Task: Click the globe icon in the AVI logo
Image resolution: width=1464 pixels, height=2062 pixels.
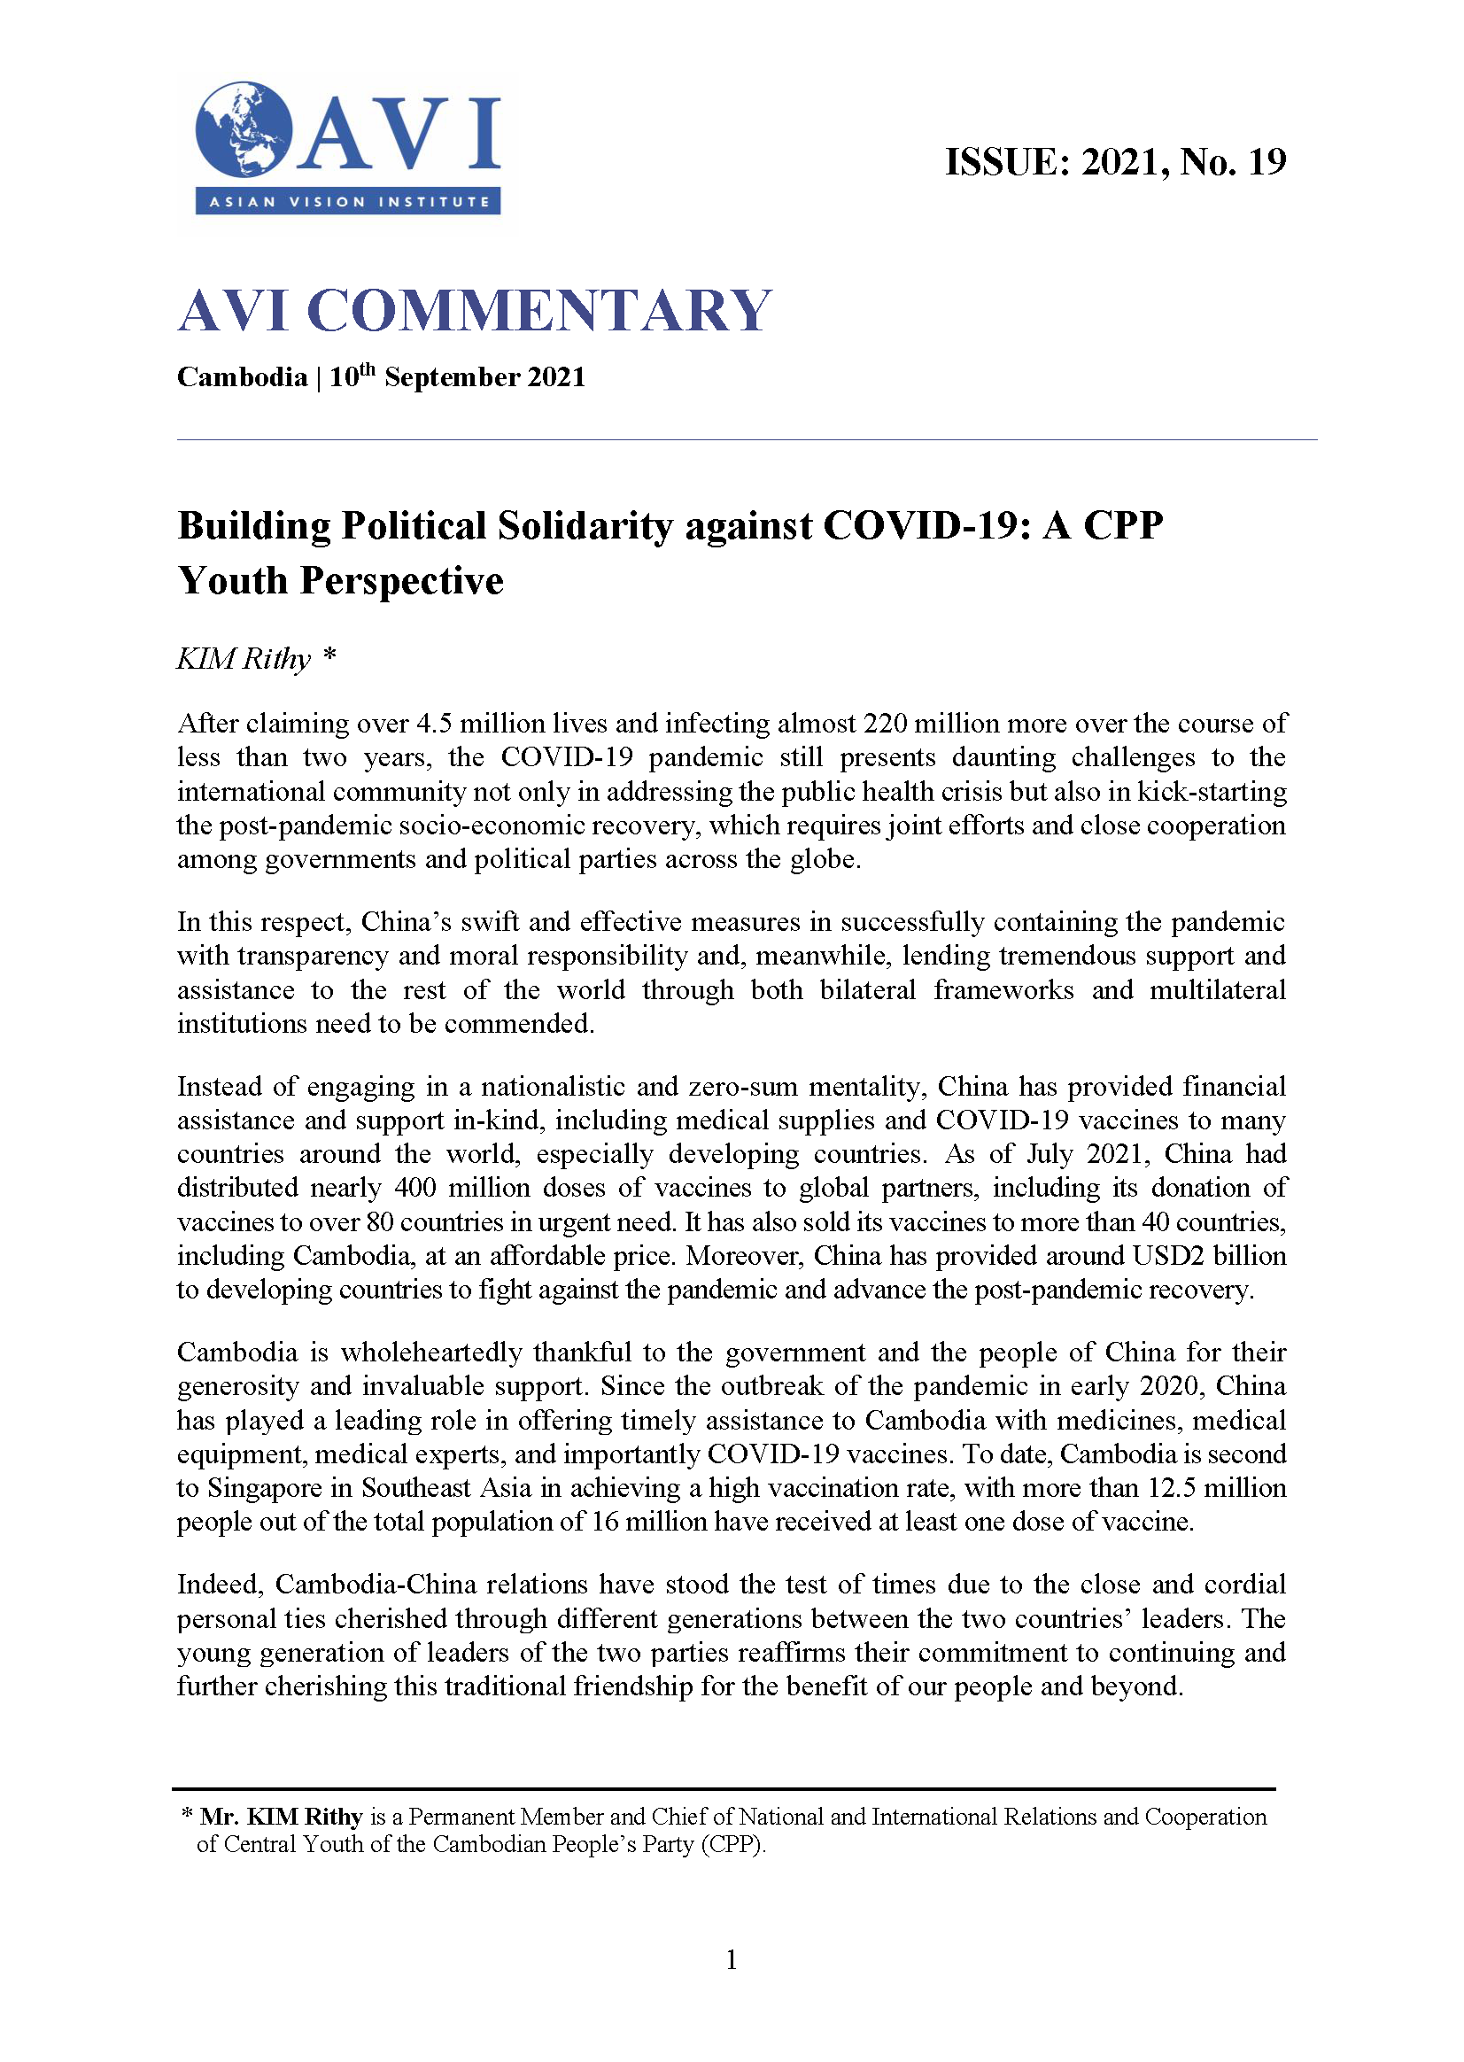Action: click(x=244, y=129)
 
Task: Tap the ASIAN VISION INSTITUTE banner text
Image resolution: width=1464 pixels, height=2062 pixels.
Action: click(x=349, y=202)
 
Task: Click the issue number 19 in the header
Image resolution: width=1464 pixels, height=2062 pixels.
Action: click(x=1266, y=163)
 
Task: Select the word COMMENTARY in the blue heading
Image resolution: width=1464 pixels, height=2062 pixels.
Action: click(x=538, y=311)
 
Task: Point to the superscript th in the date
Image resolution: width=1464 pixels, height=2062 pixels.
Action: click(x=368, y=368)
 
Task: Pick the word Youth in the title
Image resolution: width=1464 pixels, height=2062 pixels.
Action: click(x=232, y=581)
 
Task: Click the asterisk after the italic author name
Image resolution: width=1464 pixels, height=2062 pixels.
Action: click(x=330, y=655)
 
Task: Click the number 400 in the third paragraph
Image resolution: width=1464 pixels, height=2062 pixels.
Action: click(x=414, y=1188)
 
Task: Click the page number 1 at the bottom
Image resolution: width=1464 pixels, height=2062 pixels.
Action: click(x=731, y=1959)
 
